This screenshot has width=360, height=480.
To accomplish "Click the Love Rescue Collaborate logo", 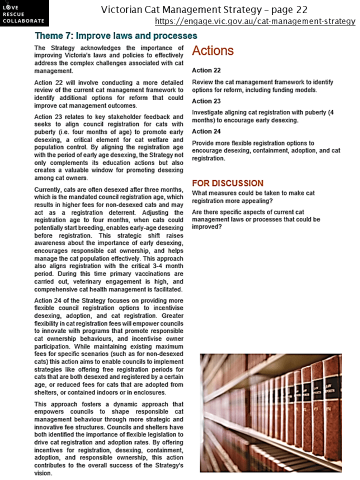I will [x=24, y=13].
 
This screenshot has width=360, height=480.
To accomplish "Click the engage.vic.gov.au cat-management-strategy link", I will [x=255, y=21].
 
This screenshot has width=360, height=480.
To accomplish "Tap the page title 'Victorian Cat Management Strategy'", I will [x=204, y=9].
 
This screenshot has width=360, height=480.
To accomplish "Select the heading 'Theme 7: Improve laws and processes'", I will [x=116, y=36].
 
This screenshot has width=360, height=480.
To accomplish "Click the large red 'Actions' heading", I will [x=212, y=50].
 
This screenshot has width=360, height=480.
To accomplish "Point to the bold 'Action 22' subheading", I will [x=206, y=70].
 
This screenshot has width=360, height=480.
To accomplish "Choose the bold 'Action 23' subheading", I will [x=206, y=101].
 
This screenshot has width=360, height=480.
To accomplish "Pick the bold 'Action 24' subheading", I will [x=206, y=131].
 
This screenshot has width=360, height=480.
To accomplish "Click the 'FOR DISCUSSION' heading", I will [x=227, y=183].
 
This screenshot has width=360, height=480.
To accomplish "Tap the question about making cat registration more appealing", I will [x=253, y=196].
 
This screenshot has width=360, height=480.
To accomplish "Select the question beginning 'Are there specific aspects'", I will [x=256, y=219].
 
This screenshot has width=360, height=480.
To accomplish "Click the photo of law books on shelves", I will [x=270, y=412].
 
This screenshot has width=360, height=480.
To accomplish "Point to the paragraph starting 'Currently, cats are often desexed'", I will [x=108, y=238].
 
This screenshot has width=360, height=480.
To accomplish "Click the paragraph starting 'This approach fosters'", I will [x=108, y=438].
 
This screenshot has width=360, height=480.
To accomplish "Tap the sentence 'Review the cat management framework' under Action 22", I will [x=262, y=86].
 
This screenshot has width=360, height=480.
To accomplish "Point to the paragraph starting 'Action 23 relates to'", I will [x=108, y=147].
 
